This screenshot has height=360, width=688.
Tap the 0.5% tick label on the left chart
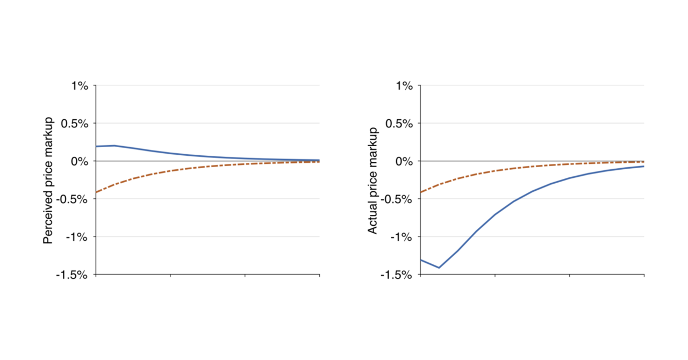(76, 124)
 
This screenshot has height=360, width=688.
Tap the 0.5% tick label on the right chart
(400, 124)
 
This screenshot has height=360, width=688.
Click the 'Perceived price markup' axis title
(48, 180)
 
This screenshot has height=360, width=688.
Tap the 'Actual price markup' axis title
(372, 180)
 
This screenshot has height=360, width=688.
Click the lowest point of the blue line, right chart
(439, 268)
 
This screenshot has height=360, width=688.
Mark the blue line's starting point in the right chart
(421, 260)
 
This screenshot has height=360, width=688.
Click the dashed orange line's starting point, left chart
(96, 192)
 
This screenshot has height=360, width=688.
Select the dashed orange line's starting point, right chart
(421, 192)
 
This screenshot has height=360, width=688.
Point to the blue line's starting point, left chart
(96, 146)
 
